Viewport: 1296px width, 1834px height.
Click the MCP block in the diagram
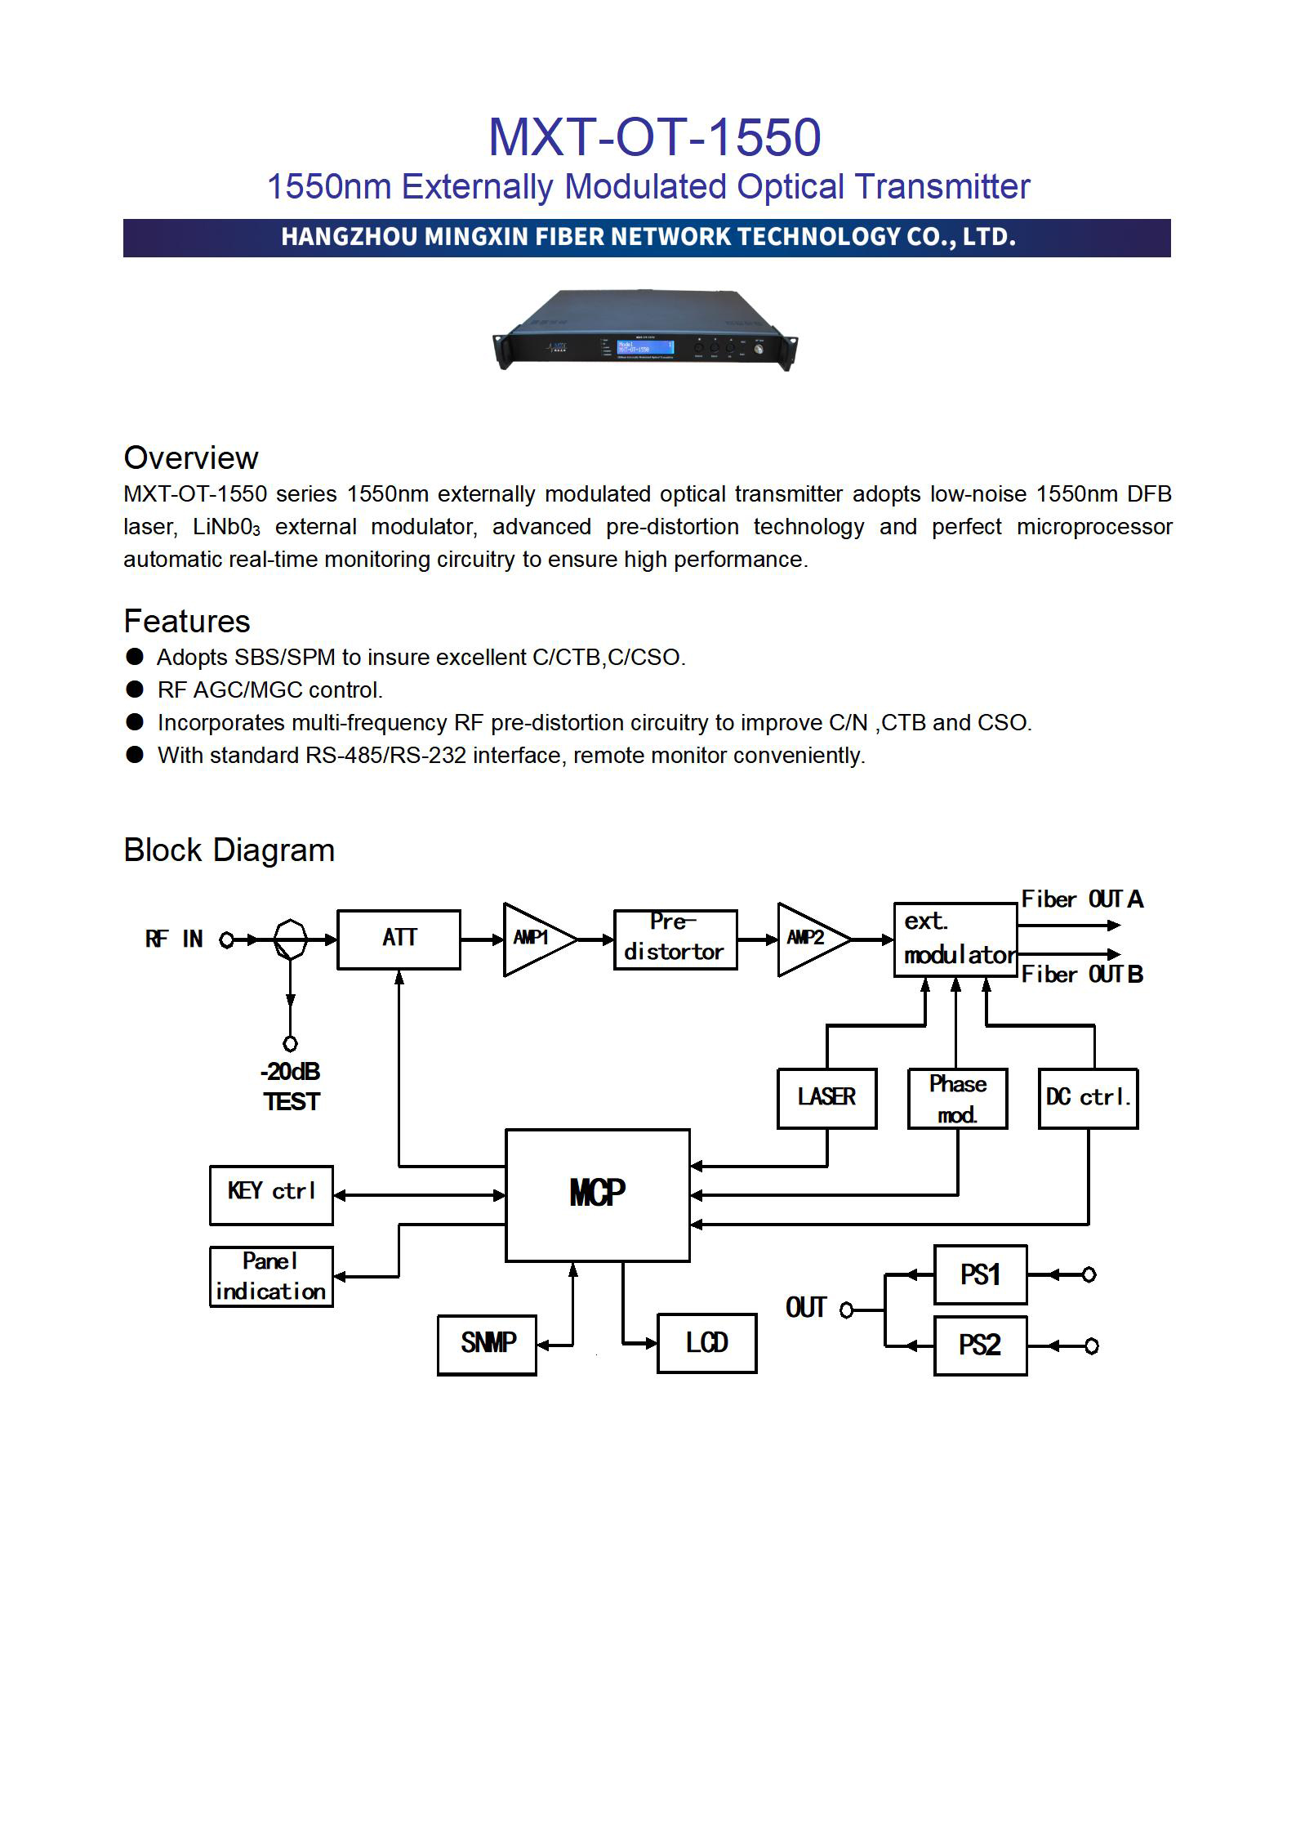tap(597, 1194)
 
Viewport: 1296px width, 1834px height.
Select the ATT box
tap(399, 939)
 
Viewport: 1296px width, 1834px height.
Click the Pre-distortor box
tap(675, 939)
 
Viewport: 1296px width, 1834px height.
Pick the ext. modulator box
tap(955, 939)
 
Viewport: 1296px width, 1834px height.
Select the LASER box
tap(826, 1098)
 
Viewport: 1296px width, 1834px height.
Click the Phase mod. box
tap(957, 1098)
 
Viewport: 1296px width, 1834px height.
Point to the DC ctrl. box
tap(1088, 1098)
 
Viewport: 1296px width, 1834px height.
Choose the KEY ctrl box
tap(271, 1194)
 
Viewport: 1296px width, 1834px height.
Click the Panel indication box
tap(271, 1276)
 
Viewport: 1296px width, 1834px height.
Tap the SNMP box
tap(487, 1345)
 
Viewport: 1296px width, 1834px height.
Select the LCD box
tap(706, 1343)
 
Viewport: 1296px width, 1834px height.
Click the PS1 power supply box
tap(980, 1274)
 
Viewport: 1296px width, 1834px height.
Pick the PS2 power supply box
tap(980, 1345)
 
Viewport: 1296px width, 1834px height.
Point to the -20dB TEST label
tap(291, 1087)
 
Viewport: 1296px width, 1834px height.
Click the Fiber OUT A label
tap(1081, 899)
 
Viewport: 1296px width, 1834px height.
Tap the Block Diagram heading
tap(229, 850)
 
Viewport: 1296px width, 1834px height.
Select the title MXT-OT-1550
tap(654, 137)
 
